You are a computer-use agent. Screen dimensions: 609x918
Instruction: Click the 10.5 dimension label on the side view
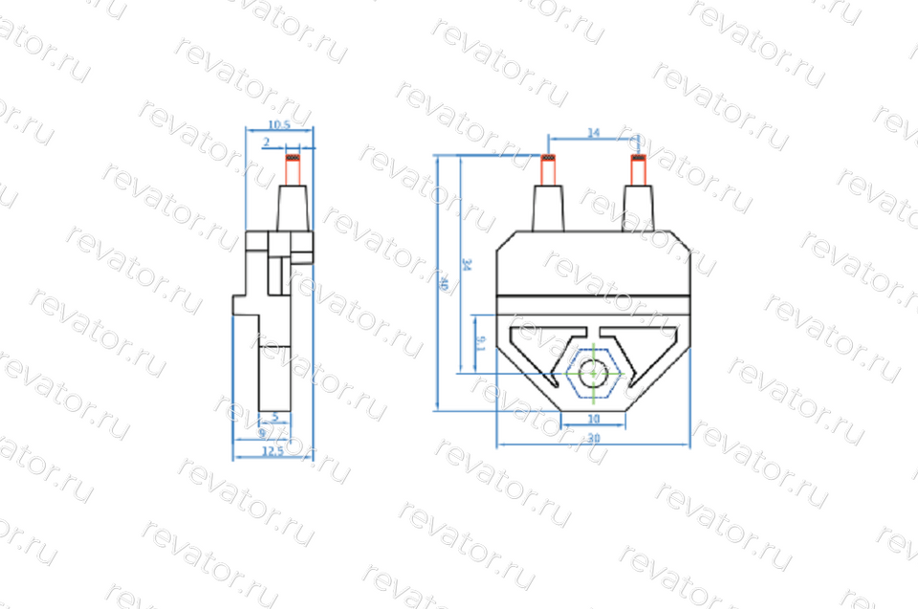click(279, 125)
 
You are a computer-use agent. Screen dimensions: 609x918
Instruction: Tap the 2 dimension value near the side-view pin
click(267, 141)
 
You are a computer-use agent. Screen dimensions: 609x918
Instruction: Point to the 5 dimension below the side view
click(275, 417)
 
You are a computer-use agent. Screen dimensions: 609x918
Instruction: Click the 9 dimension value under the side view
click(263, 433)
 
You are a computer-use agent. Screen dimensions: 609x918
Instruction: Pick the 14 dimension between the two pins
click(593, 135)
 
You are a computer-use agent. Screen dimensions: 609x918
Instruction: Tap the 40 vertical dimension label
click(443, 284)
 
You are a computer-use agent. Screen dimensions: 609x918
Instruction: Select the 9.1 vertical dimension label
click(480, 343)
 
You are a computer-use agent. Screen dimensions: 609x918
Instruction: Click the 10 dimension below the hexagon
click(593, 419)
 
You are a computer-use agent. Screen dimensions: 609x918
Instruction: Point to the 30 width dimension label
click(593, 438)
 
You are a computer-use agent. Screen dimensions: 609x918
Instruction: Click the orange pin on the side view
click(294, 170)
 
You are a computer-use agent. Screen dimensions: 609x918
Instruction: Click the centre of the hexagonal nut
click(594, 374)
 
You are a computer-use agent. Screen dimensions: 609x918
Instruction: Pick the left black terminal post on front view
click(548, 208)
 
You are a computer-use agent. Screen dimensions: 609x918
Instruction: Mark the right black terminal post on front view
click(639, 208)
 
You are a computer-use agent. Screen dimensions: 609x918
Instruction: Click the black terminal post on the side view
click(294, 208)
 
